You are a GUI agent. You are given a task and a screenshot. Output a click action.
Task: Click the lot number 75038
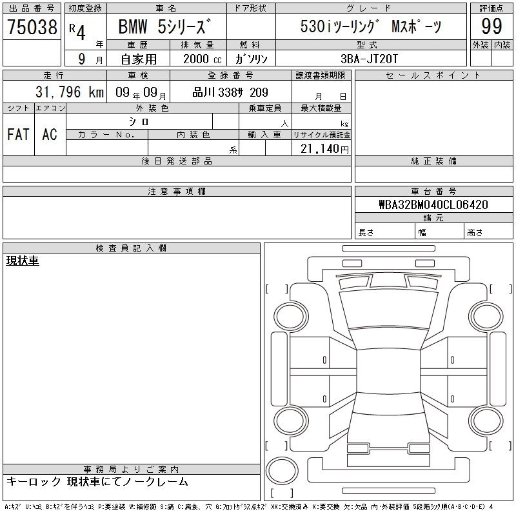click(x=32, y=26)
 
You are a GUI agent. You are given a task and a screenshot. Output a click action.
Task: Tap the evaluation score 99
click(x=491, y=26)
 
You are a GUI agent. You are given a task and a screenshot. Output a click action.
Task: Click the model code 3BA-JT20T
click(x=369, y=59)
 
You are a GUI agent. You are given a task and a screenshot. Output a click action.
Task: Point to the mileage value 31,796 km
click(x=70, y=92)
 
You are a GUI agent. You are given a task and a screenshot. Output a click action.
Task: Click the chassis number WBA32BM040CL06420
click(x=433, y=204)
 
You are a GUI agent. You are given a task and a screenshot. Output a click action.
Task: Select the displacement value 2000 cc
click(x=203, y=59)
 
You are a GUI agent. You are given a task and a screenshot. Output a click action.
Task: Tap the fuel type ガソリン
click(x=251, y=59)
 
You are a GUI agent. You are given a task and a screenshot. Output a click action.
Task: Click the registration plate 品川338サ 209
click(x=230, y=92)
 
